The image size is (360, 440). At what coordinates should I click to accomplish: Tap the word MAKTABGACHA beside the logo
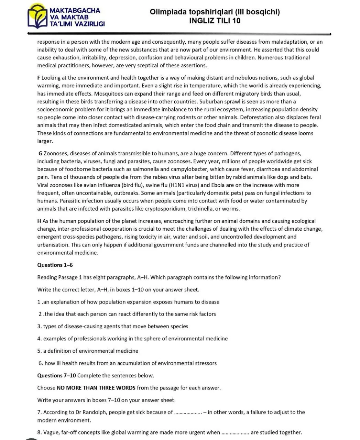(75, 10)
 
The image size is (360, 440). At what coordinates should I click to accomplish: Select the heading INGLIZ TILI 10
(215, 21)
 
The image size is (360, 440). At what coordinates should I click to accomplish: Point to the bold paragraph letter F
(39, 78)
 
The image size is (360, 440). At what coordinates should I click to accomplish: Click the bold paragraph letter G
(40, 154)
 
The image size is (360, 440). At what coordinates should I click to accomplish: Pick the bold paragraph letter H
(39, 221)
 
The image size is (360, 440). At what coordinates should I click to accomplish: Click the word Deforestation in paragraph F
(248, 118)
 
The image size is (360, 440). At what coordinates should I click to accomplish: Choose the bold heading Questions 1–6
(55, 265)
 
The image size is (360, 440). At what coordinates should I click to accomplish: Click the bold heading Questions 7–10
(56, 375)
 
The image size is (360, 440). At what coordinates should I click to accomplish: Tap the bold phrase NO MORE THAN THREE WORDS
(96, 388)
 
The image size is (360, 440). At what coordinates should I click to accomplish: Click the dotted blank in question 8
(235, 433)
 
